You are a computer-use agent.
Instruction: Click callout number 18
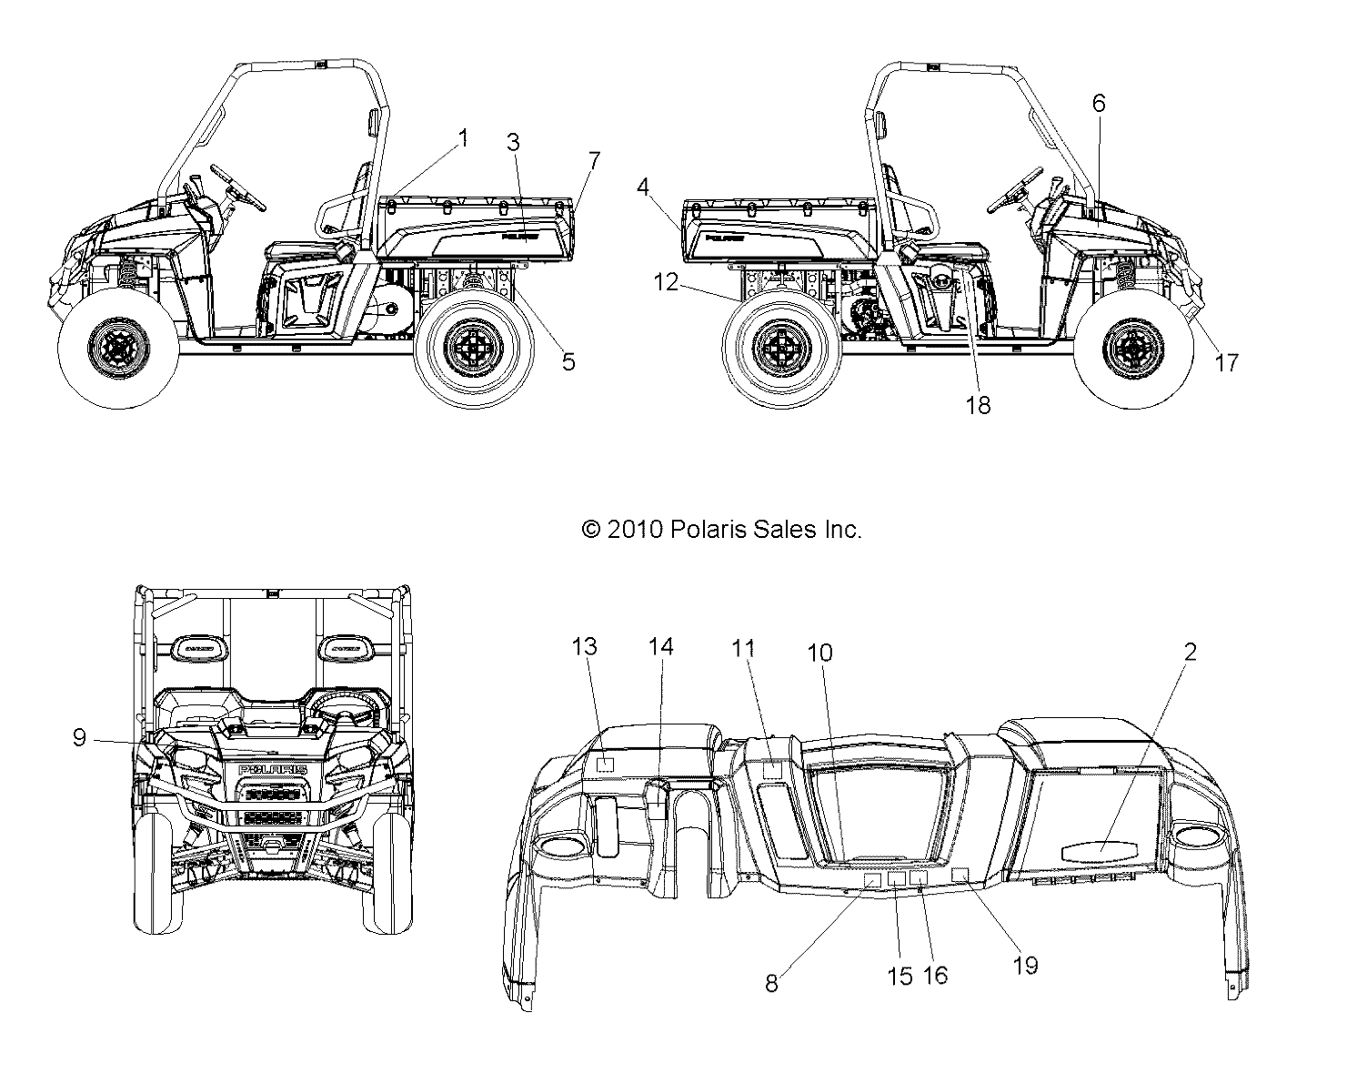(978, 406)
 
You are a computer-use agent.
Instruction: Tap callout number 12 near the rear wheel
(666, 283)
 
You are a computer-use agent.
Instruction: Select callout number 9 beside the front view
(80, 738)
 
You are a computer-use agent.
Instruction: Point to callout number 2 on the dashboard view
(1190, 652)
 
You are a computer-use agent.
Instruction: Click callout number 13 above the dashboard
(584, 647)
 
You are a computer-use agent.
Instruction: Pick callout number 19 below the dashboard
(1025, 966)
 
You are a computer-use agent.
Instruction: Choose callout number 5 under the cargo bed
(568, 361)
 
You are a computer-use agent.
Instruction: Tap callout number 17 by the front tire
(1226, 362)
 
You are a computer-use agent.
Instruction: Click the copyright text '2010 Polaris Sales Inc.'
(721, 529)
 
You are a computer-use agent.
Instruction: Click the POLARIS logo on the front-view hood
(272, 770)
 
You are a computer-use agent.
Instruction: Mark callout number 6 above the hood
(1098, 104)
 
